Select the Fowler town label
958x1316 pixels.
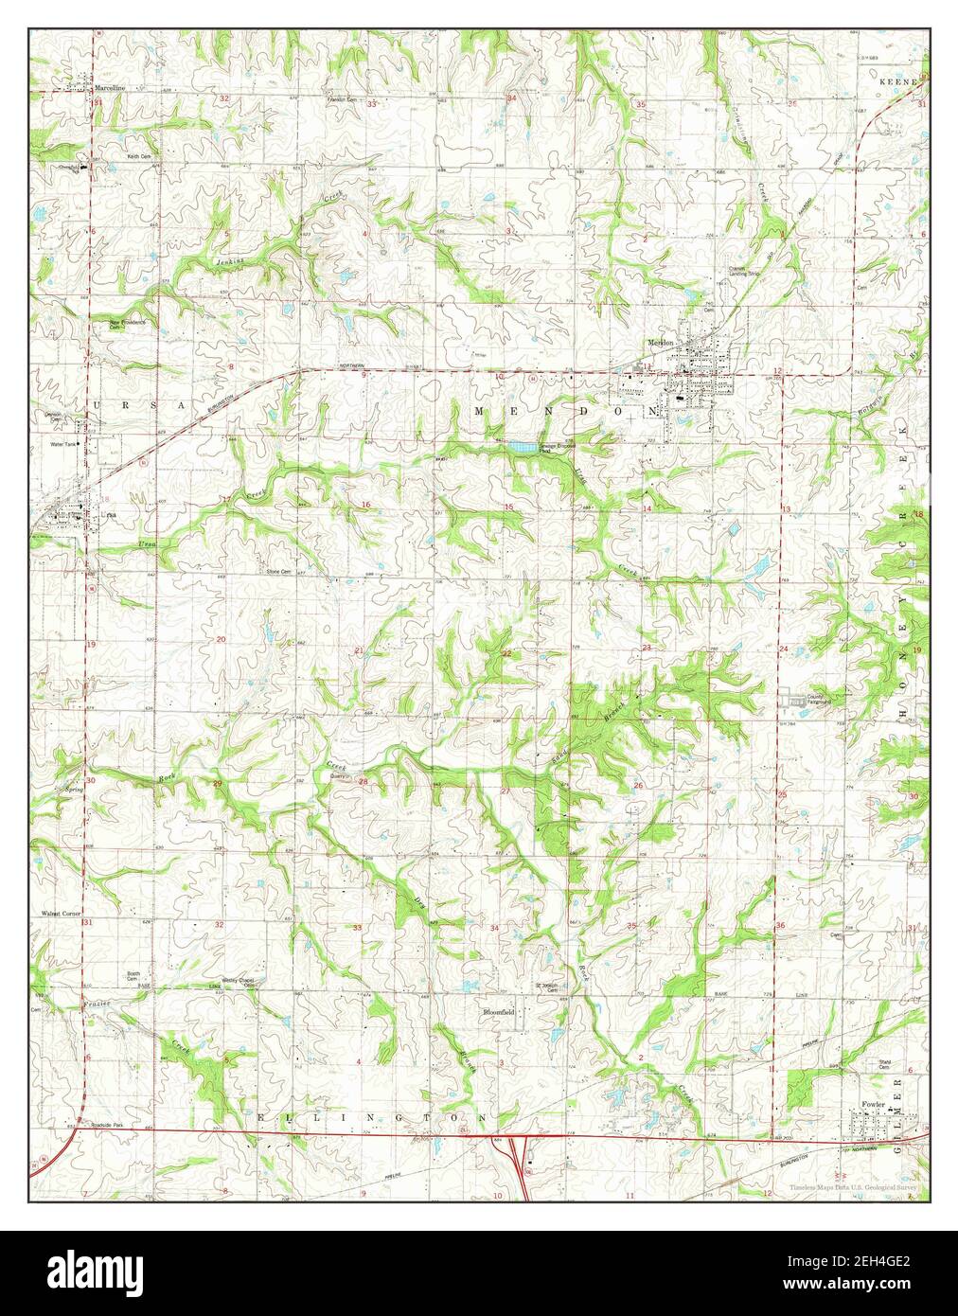874,1105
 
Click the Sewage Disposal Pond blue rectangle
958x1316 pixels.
519,445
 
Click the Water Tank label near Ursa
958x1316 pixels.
62,442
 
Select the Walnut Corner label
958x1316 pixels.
59,915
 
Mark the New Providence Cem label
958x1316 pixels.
129,324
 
